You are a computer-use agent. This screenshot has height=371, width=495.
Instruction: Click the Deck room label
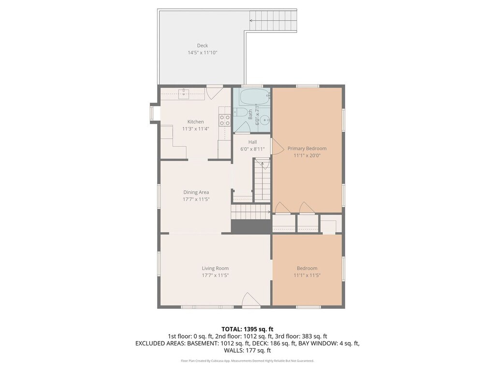point(203,46)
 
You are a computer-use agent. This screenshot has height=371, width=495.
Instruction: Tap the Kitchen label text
point(196,122)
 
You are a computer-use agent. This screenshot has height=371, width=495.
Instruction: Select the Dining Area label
point(196,192)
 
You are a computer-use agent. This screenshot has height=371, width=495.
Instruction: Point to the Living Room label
point(215,268)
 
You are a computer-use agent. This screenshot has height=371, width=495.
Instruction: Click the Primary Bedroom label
point(307,149)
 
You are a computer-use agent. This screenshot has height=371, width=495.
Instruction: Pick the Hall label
point(252,142)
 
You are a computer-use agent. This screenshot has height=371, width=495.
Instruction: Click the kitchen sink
point(183,94)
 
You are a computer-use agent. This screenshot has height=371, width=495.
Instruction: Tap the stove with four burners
point(225,120)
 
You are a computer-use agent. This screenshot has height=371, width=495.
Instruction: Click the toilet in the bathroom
point(240,112)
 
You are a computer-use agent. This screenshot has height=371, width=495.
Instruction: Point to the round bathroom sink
point(267,120)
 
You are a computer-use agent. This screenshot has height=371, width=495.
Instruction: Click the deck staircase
point(274,20)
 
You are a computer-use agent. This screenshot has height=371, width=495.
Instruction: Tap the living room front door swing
point(251,299)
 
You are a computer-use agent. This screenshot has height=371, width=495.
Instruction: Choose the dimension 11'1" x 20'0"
point(307,156)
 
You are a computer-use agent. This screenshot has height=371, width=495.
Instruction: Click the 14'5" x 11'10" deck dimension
point(203,53)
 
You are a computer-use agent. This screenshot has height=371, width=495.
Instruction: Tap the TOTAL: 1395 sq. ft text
point(247,329)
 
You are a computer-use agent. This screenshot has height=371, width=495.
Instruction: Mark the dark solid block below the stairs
point(251,227)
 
